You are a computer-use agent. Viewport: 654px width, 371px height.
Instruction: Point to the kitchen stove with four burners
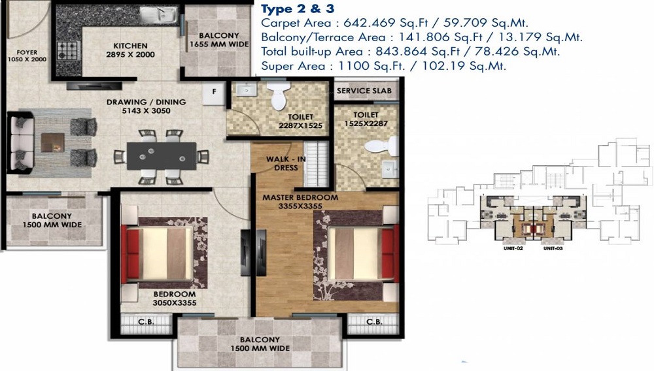click(x=67, y=50)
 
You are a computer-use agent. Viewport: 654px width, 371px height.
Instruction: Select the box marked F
click(x=214, y=91)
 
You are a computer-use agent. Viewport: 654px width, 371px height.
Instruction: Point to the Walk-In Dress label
click(x=282, y=163)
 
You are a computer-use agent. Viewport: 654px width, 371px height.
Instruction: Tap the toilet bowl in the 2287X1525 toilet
click(x=279, y=97)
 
